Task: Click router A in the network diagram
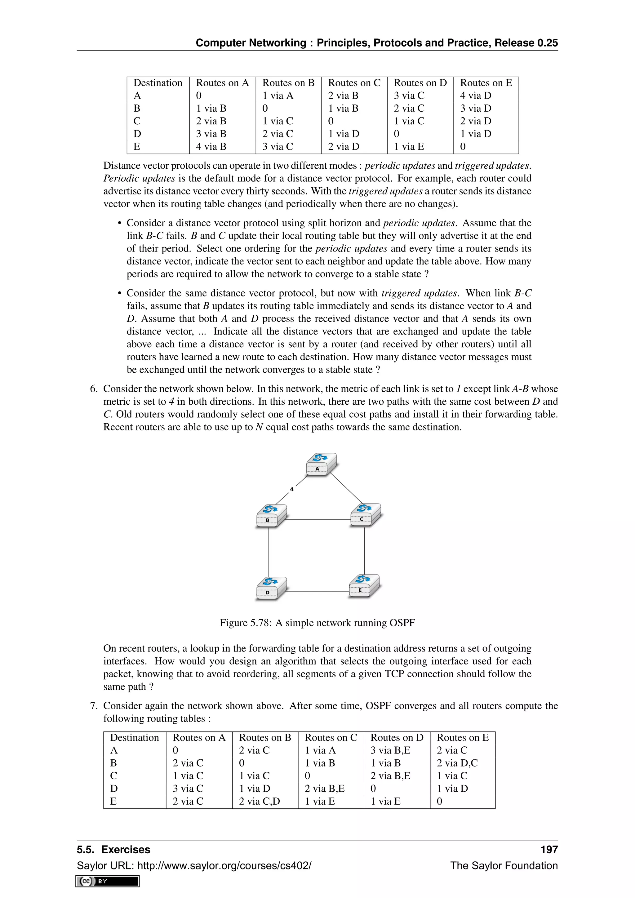321,465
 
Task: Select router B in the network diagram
271,515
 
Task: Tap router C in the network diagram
365,515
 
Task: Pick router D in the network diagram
271,588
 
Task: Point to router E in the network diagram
364,586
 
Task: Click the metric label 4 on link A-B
292,489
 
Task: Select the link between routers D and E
317,591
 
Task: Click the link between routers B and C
317,519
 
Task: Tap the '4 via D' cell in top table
475,96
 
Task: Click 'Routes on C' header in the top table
354,83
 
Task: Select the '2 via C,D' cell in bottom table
259,801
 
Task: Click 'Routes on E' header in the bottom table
462,738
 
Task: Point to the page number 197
549,850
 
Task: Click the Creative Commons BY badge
108,881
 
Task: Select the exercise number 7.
93,705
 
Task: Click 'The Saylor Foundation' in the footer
504,865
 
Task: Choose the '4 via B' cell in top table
211,147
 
